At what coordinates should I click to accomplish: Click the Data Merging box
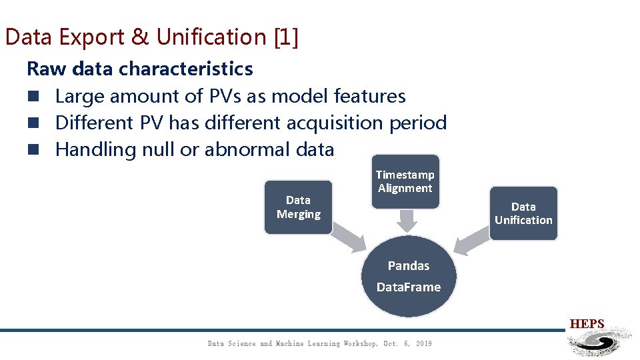[298, 207]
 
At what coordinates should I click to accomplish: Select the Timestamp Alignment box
[405, 181]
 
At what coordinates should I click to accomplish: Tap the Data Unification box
[523, 213]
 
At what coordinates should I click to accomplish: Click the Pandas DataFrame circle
[409, 276]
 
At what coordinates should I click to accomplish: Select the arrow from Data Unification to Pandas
[474, 237]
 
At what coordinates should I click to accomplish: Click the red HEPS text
[587, 325]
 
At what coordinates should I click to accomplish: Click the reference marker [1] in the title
[286, 37]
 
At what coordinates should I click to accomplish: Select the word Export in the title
[93, 37]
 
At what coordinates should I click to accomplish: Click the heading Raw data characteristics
[140, 69]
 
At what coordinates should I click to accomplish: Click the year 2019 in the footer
[423, 343]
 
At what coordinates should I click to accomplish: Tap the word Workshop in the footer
[361, 343]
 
